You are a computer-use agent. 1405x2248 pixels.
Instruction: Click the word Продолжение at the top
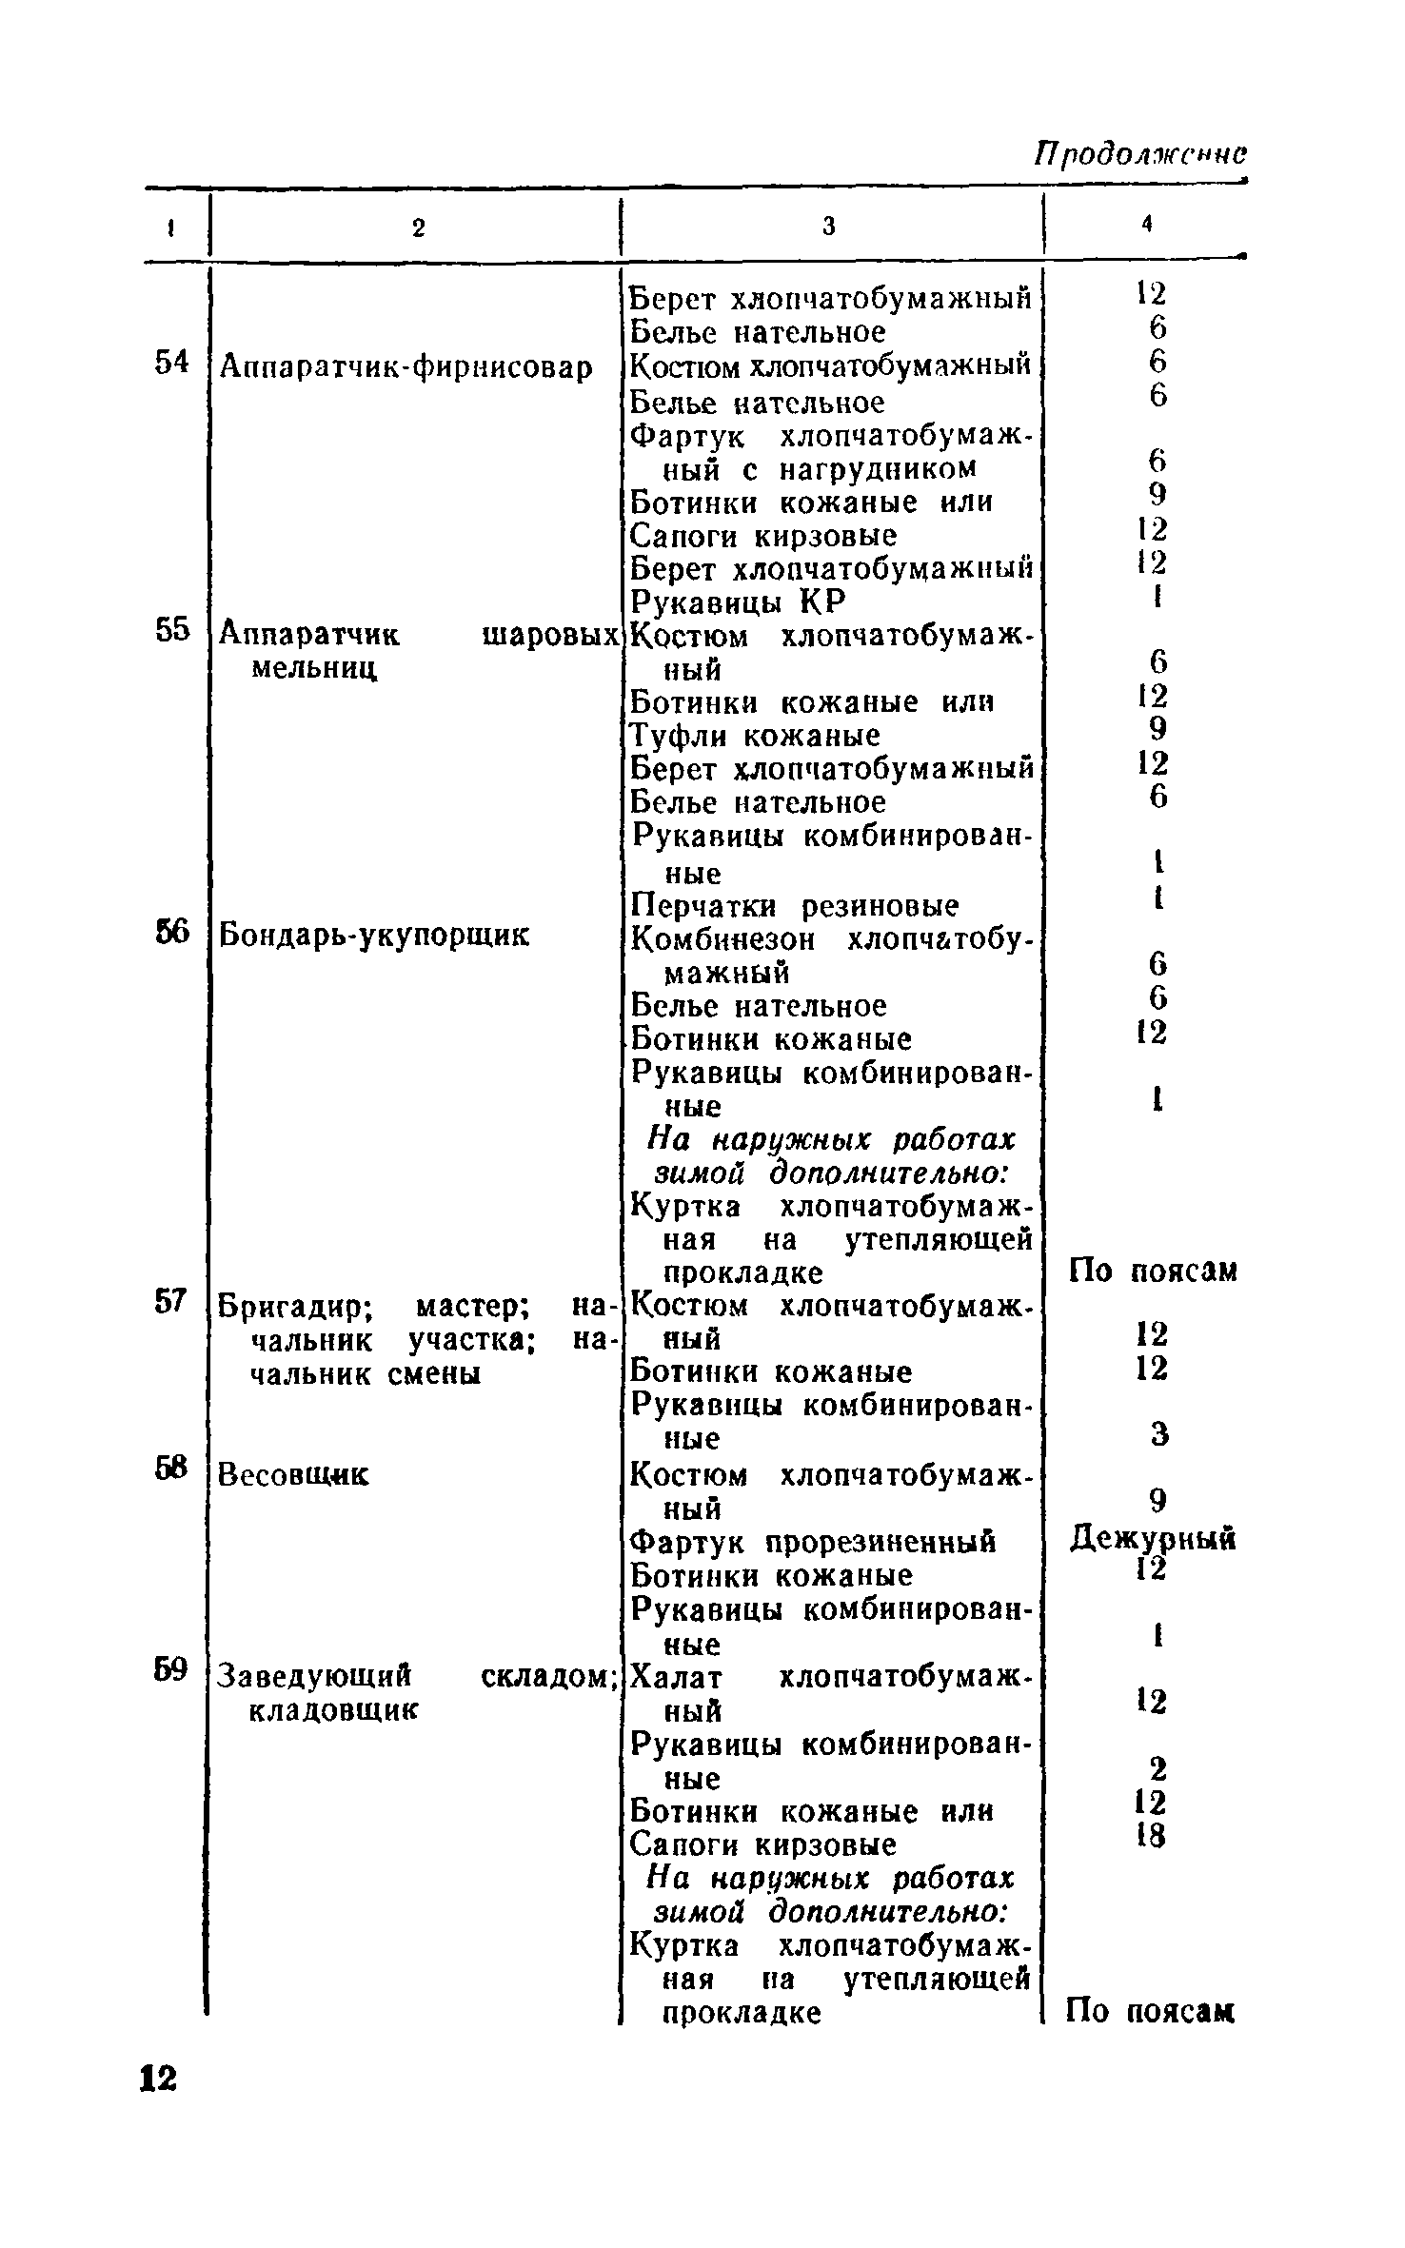(1140, 155)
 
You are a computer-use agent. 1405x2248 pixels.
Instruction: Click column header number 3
(829, 227)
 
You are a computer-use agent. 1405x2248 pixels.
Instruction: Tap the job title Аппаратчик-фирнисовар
(406, 367)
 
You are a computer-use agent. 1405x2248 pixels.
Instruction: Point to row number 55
(171, 630)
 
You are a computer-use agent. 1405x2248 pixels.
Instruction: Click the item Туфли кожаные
(756, 736)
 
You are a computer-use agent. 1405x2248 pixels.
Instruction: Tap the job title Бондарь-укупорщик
(374, 937)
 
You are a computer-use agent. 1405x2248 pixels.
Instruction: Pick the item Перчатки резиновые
(796, 905)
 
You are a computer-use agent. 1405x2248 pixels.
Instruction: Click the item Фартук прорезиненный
(814, 1542)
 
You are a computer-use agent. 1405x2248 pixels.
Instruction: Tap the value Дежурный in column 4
(1153, 1538)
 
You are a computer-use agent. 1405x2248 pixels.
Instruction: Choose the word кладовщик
(333, 1710)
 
